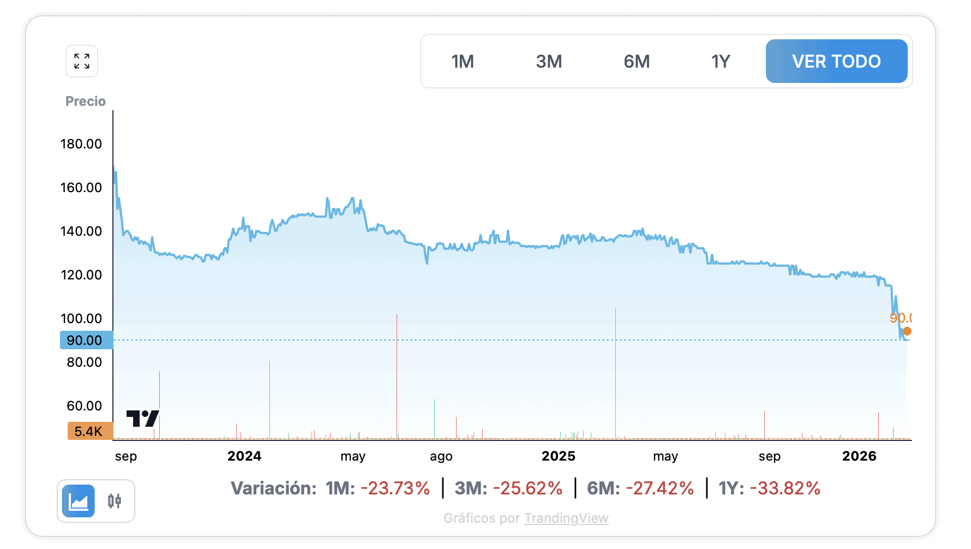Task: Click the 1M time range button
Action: (x=463, y=62)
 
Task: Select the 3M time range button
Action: (x=549, y=62)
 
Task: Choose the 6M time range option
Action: (x=637, y=62)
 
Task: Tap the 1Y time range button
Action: (x=720, y=62)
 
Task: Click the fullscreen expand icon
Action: (x=82, y=61)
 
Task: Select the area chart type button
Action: (x=79, y=501)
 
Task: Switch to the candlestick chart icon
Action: (x=115, y=501)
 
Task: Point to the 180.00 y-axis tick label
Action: (x=81, y=144)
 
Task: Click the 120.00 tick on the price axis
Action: (x=81, y=275)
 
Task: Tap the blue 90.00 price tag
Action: (x=86, y=341)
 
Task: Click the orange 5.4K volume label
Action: (x=89, y=432)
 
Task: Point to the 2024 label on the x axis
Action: (x=244, y=456)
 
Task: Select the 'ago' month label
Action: (x=441, y=456)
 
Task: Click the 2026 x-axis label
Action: (x=859, y=456)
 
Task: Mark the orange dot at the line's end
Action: (x=907, y=331)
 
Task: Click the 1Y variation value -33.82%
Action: (x=785, y=488)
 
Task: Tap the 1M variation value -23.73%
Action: (x=395, y=488)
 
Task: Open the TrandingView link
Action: (x=566, y=518)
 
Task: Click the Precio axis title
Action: (x=86, y=102)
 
